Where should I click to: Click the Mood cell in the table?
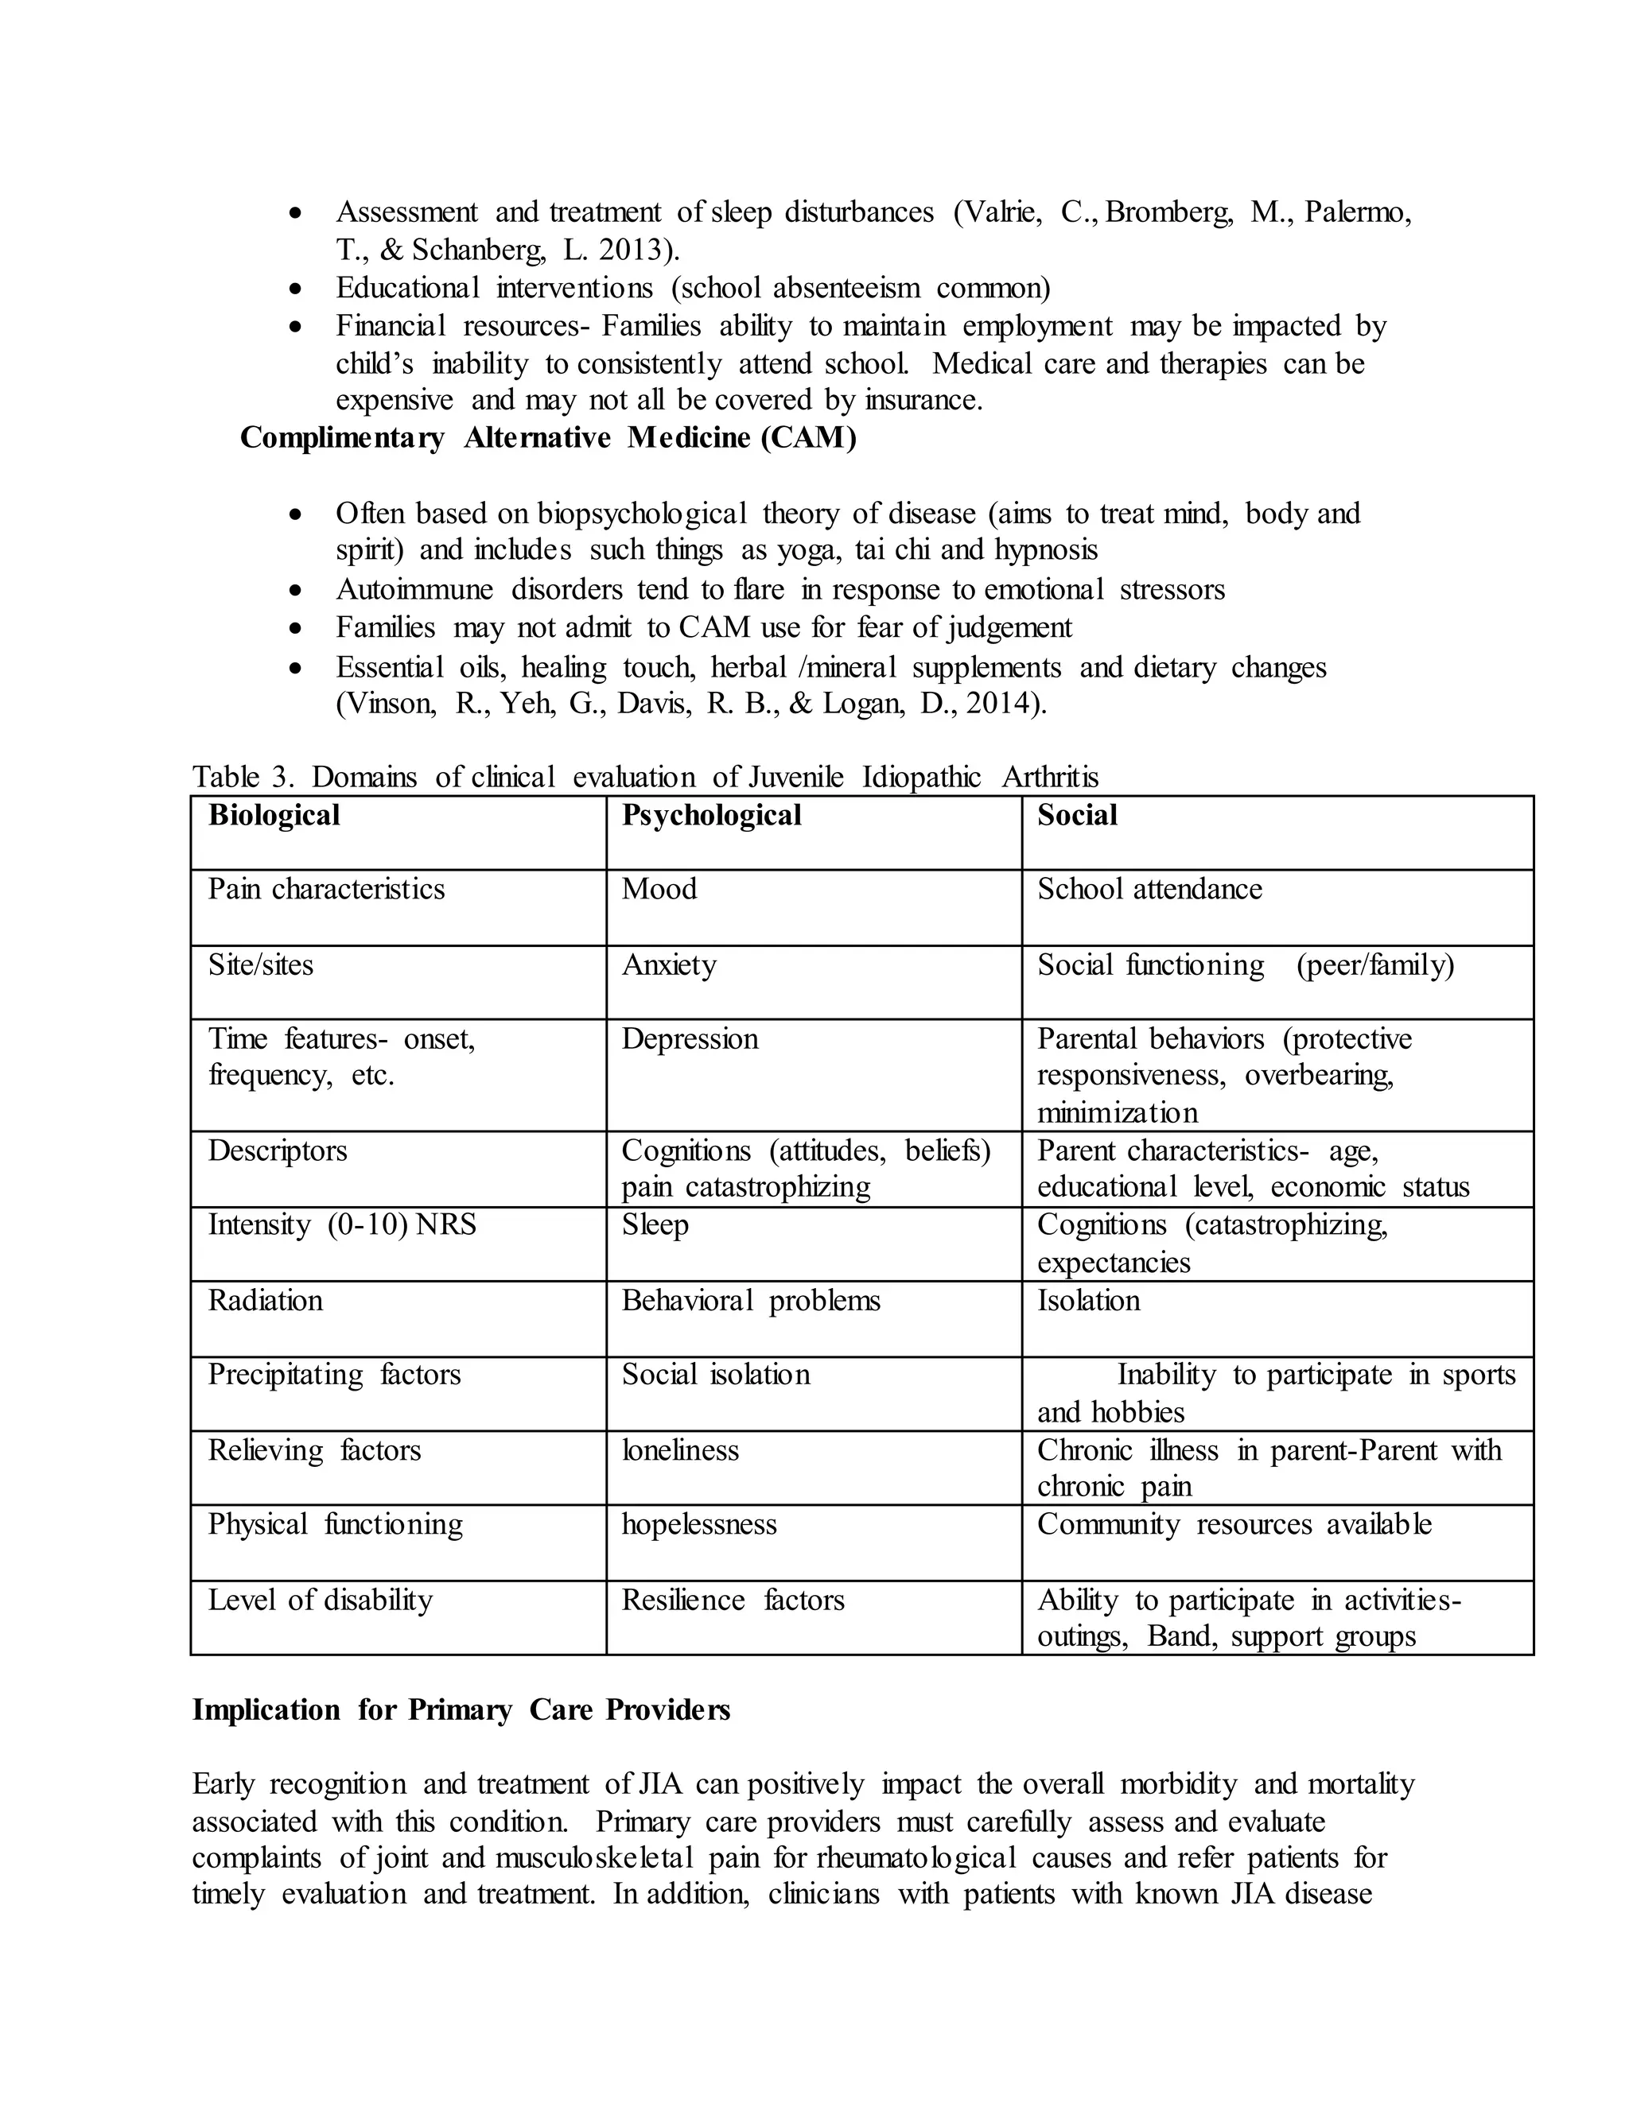tap(659, 889)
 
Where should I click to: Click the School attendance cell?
tap(1149, 889)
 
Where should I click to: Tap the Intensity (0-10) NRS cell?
tap(343, 1225)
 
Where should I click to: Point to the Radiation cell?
tap(266, 1301)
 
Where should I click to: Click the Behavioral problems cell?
tap(751, 1301)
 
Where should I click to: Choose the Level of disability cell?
tap(321, 1601)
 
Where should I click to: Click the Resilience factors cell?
tap(733, 1601)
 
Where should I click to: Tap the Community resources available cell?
tap(1234, 1524)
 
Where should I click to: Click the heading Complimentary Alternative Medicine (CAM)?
tap(548, 438)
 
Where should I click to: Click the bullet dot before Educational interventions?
tap(296, 289)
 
